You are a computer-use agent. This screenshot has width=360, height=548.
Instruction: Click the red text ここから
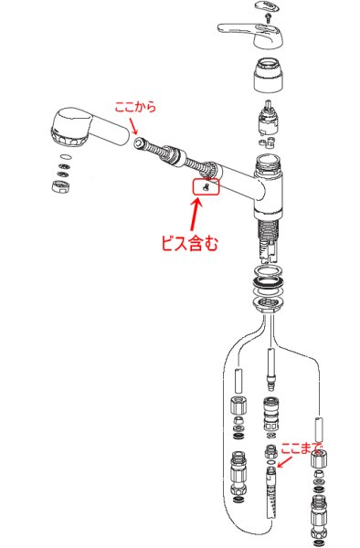pyautogui.click(x=135, y=107)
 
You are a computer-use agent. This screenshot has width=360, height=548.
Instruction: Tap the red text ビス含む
pyautogui.click(x=189, y=243)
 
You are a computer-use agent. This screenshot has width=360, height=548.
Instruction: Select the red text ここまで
pyautogui.click(x=302, y=448)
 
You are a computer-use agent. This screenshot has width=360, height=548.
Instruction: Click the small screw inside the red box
pyautogui.click(x=206, y=187)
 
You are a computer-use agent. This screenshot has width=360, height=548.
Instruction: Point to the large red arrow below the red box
pyautogui.click(x=195, y=214)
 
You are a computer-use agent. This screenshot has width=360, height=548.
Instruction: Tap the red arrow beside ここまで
pyautogui.click(x=284, y=462)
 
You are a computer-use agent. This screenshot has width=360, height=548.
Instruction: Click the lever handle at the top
pyautogui.click(x=250, y=35)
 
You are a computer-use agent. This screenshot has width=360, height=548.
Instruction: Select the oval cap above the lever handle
pyautogui.click(x=269, y=6)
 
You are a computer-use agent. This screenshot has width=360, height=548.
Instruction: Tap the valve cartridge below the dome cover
pyautogui.click(x=268, y=120)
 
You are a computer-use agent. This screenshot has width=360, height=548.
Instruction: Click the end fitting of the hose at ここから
pyautogui.click(x=140, y=142)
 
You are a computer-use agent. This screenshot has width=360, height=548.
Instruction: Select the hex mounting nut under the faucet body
pyautogui.click(x=268, y=303)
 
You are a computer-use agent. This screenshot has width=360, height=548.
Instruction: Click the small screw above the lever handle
pyautogui.click(x=268, y=18)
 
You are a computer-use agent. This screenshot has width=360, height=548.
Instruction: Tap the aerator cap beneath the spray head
pyautogui.click(x=61, y=185)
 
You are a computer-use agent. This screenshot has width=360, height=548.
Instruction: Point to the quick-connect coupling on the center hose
pyautogui.click(x=270, y=414)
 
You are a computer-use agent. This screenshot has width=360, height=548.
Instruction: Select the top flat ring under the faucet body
pyautogui.click(x=269, y=270)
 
